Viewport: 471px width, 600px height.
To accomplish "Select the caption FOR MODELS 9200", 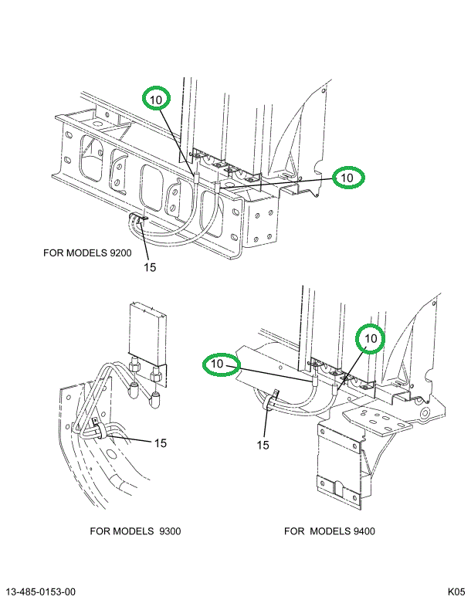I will coord(88,253).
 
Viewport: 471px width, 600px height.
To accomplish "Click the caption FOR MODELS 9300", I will coord(135,531).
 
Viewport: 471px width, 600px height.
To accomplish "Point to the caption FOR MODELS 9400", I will coord(330,531).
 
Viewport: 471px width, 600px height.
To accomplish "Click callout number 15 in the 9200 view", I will coord(149,267).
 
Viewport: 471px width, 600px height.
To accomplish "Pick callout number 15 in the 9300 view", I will coord(160,442).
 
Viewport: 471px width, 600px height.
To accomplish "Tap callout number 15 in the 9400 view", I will coord(263,445).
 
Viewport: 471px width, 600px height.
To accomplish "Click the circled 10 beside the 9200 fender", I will coord(347,177).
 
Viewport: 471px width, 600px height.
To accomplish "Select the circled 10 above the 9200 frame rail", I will coord(157,99).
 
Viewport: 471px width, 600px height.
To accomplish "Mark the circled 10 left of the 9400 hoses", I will coord(219,363).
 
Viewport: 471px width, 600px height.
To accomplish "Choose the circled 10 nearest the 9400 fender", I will coord(371,338).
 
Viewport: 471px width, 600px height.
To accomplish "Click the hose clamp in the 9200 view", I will coord(140,222).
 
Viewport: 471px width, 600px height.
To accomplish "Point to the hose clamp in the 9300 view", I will coord(97,429).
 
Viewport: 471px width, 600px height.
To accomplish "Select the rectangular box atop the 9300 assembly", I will coord(149,332).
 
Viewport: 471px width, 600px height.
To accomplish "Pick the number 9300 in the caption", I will coord(169,531).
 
